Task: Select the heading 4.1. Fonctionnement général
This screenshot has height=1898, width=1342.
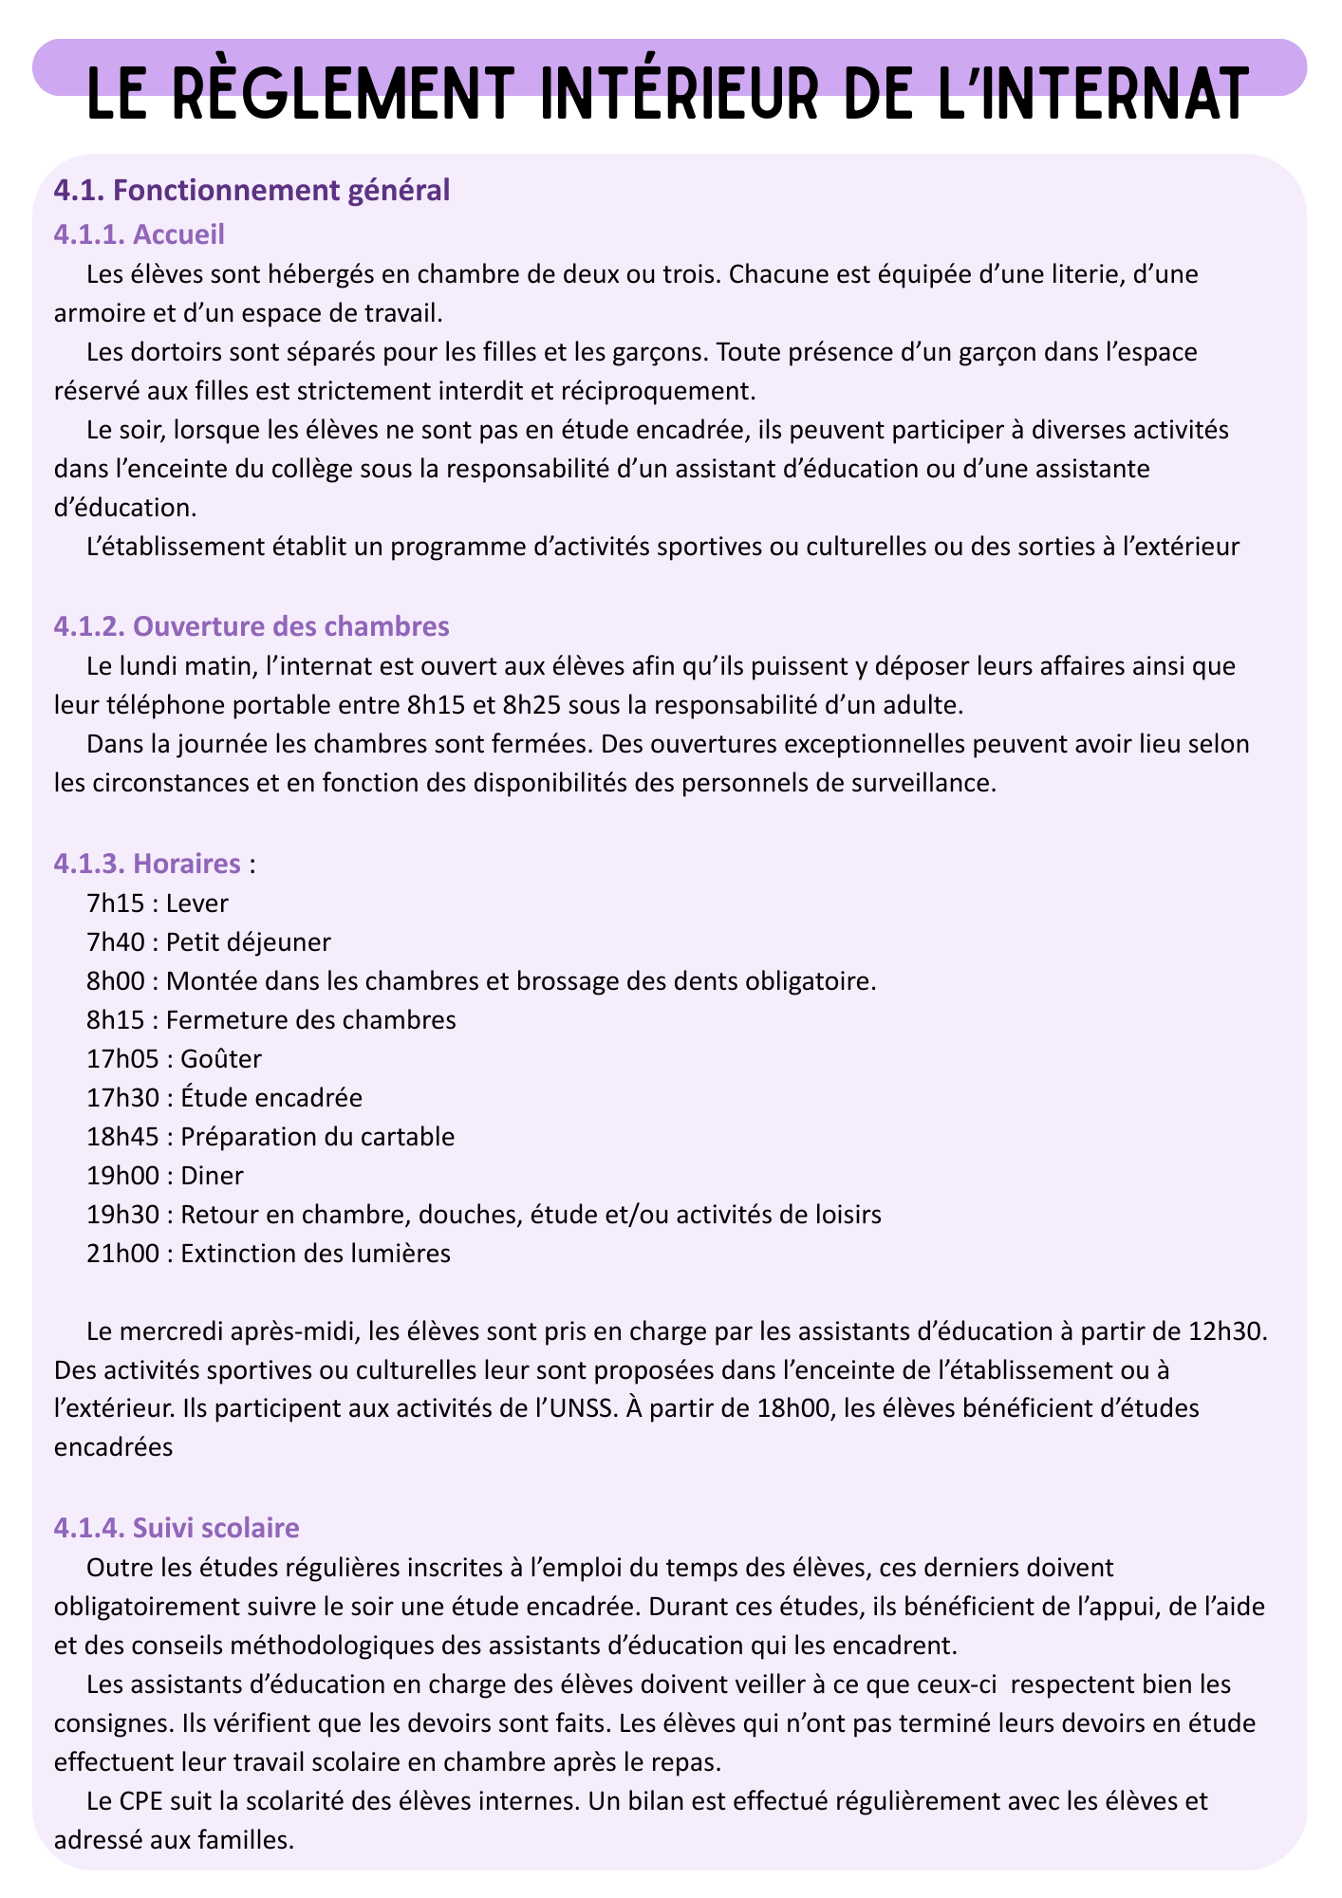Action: [252, 191]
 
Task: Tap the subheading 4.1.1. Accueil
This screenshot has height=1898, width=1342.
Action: [140, 233]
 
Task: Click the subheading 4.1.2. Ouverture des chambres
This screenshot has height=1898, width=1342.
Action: [252, 626]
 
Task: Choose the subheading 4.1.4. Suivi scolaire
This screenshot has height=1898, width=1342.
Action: [177, 1528]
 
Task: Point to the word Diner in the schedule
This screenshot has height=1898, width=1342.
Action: [212, 1176]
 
